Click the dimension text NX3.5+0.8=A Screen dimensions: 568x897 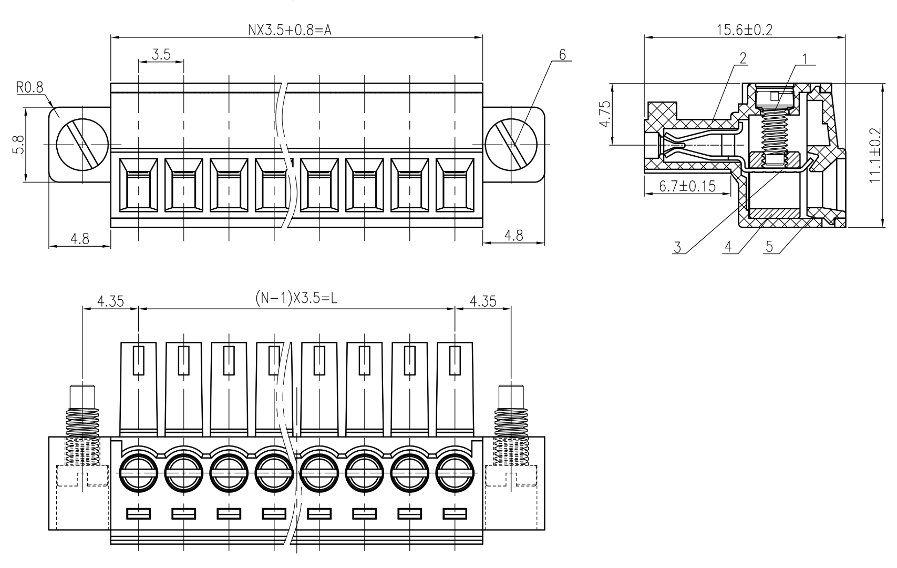point(290,29)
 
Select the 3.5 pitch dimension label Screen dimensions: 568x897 point(161,55)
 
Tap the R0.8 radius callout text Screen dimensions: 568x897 point(30,88)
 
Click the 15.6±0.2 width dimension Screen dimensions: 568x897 point(745,29)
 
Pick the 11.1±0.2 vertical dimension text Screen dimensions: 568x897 point(875,156)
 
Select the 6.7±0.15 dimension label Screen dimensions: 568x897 point(687,186)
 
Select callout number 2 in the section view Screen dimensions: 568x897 point(743,58)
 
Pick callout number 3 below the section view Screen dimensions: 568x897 point(678,247)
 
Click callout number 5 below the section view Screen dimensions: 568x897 point(769,247)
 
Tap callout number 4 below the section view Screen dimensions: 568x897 point(728,247)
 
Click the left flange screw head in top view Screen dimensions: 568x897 point(83,144)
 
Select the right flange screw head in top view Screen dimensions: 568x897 point(511,144)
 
